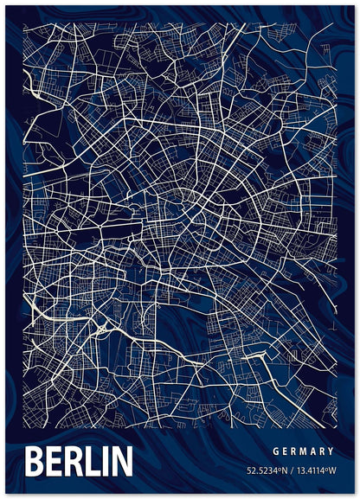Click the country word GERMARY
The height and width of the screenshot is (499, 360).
(x=304, y=451)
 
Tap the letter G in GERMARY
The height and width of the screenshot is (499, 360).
(x=275, y=451)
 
